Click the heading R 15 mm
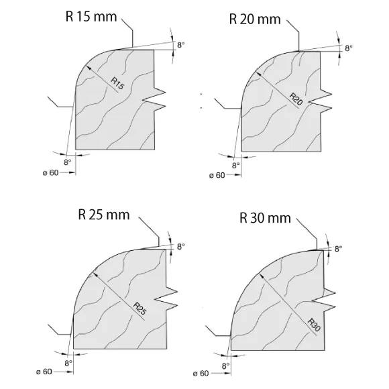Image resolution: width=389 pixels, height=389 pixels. coord(91,17)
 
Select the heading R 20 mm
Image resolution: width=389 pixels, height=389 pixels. coord(255,19)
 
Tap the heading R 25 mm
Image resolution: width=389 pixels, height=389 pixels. coord(104,215)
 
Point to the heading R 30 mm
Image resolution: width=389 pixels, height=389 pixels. coord(265,218)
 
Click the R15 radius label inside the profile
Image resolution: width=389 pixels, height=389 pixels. coord(117,83)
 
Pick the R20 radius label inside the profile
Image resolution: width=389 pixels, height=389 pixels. coord(296,99)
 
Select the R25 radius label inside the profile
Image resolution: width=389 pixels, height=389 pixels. coord(140,309)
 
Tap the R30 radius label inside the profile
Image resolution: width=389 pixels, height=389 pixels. coord(314,325)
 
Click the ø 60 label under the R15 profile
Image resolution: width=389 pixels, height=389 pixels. coord(50,172)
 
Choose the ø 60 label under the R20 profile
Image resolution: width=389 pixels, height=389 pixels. coord(217,176)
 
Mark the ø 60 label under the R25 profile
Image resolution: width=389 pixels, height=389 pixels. coord(44,372)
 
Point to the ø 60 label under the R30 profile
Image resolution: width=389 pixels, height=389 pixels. coord(201,374)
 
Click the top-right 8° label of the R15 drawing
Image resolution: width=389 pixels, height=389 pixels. coord(181,45)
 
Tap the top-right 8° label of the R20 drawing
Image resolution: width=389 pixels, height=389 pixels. coord(349,48)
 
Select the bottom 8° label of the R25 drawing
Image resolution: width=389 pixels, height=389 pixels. coord(68,364)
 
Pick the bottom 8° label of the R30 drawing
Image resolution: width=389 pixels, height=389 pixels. coord(226,366)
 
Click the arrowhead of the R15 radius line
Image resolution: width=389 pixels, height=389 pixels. coord(88,68)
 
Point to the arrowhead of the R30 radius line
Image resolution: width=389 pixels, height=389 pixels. coord(261,276)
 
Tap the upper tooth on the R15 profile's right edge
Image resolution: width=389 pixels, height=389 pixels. coord(160,93)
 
